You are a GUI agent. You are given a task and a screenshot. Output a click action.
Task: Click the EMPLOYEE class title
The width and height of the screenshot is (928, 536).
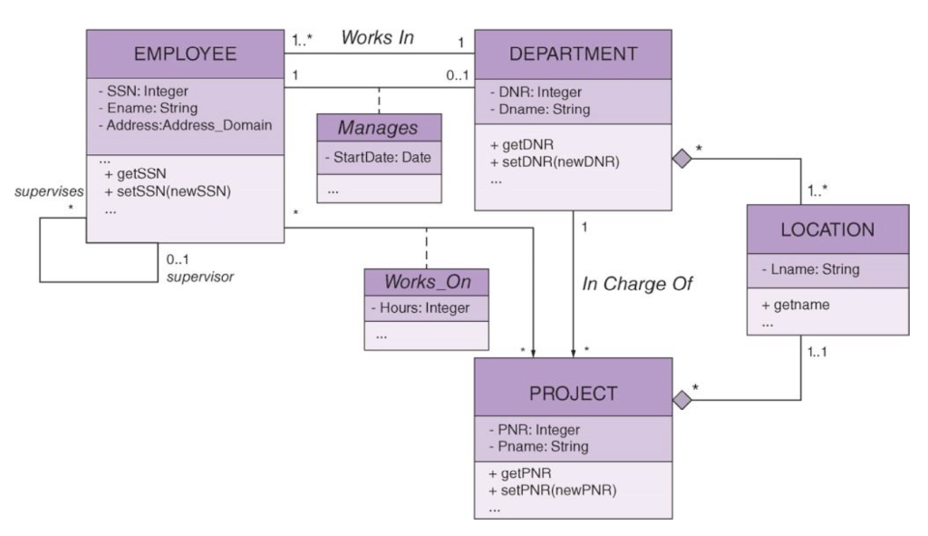(x=185, y=54)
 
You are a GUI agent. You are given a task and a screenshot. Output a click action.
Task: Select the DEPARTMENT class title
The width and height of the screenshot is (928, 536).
(x=574, y=54)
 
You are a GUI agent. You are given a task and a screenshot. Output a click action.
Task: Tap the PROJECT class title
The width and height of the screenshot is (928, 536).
(x=574, y=394)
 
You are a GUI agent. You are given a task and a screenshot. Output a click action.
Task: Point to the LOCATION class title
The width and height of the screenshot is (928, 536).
(x=828, y=229)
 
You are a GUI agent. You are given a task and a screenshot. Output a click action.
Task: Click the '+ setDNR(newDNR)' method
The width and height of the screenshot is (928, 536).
(x=547, y=161)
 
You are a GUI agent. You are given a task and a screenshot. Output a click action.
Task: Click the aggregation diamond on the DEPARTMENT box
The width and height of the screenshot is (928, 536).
(x=682, y=157)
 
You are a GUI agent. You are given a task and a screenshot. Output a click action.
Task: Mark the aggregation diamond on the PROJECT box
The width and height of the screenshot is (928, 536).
(x=682, y=399)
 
